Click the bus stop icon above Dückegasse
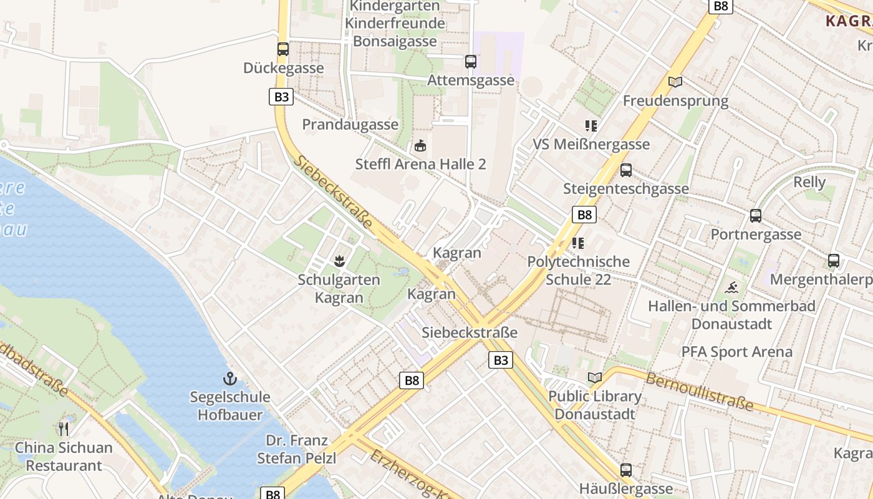point(283,49)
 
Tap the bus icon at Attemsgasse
point(471,61)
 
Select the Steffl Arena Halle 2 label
point(420,165)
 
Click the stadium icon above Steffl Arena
point(420,146)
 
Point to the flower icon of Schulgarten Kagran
point(339,259)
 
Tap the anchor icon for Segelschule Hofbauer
point(230,378)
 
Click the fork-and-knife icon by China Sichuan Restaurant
point(64,428)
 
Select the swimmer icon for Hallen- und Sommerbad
point(732,288)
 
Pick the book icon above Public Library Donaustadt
point(595,377)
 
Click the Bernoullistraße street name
point(699,392)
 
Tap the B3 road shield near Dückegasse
point(281,97)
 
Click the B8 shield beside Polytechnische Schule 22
point(584,215)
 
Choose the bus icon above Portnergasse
point(756,216)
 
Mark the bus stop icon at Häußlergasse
point(626,470)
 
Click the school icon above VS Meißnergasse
point(591,126)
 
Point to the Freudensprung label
point(675,101)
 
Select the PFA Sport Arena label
point(736,352)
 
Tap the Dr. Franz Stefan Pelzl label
point(297,449)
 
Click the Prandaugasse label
point(350,125)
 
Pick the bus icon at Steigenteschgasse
point(626,170)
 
